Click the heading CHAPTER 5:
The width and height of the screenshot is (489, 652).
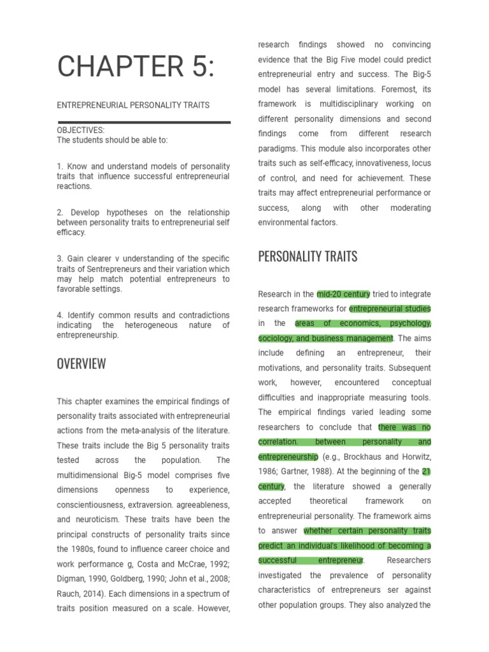coord(136,67)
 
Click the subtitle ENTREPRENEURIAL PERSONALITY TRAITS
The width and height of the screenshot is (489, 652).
coord(133,105)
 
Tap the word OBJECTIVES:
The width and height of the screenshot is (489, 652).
coord(81,131)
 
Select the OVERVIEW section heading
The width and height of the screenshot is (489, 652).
coord(81,364)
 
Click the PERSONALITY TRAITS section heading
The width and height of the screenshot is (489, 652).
coord(308,257)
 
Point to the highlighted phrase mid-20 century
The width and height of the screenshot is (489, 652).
coord(343,294)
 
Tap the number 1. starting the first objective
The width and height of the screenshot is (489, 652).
coord(60,166)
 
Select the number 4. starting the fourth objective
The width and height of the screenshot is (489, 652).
coord(60,315)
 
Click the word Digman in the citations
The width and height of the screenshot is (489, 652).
coord(71,579)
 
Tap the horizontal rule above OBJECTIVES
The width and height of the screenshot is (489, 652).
coord(144,122)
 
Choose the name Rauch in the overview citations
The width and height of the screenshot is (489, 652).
coord(69,593)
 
